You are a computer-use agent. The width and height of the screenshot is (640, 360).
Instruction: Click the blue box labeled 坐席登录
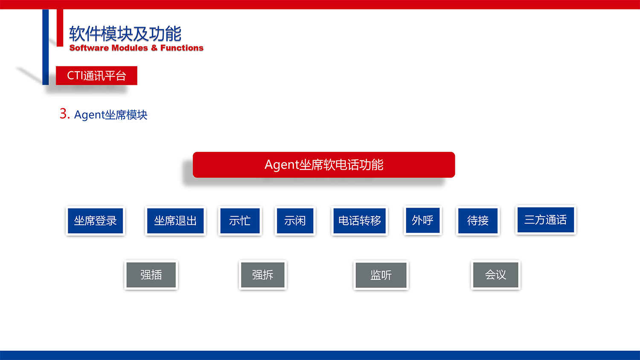[95, 221]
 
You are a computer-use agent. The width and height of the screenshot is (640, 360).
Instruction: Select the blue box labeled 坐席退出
[175, 221]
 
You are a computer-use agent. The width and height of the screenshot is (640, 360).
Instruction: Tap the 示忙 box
[240, 221]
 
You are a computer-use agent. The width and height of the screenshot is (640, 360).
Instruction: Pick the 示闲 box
[295, 221]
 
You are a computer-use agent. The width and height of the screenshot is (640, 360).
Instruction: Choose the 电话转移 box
[360, 221]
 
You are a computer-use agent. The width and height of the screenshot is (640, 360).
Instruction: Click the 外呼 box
[422, 220]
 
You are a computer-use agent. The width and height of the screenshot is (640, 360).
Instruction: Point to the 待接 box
[478, 221]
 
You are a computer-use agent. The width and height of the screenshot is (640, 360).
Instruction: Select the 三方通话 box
[545, 220]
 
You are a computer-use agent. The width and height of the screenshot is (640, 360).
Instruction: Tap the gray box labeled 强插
[151, 275]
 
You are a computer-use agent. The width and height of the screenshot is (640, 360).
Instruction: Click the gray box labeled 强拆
[263, 275]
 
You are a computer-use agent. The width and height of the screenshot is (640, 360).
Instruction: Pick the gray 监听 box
[381, 275]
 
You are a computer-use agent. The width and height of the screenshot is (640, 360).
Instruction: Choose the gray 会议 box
[495, 275]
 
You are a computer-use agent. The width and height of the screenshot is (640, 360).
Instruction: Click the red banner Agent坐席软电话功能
[324, 165]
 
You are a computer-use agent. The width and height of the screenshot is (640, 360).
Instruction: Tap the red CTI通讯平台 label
[96, 75]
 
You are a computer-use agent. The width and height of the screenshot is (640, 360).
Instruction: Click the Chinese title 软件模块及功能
[125, 33]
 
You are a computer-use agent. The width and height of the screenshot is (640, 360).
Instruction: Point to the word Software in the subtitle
[89, 48]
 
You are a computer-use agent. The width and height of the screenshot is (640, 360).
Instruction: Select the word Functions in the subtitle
[182, 48]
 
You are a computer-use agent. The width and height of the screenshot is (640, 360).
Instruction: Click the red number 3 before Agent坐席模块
[64, 114]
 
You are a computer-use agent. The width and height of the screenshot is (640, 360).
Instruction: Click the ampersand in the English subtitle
[154, 48]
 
